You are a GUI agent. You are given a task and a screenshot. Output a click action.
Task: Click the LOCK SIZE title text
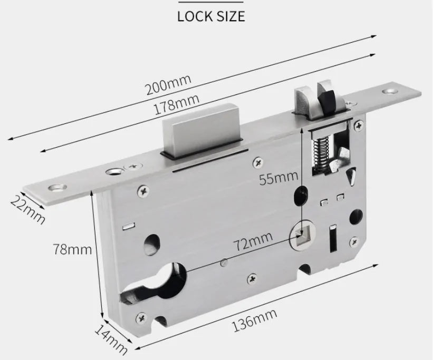tap(211, 16)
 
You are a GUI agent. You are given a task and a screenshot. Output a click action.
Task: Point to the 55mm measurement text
tap(279, 178)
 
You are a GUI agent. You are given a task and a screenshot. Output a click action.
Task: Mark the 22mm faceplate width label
tap(27, 208)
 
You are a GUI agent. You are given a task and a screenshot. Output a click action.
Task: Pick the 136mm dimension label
tap(254, 320)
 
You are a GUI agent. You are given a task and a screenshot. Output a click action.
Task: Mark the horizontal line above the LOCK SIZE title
tap(211, 3)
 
